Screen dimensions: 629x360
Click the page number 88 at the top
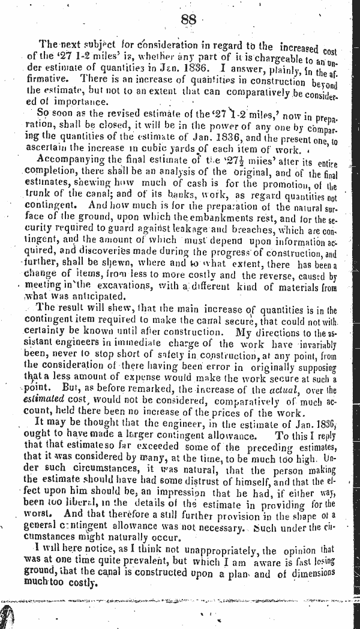pos(188,19)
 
